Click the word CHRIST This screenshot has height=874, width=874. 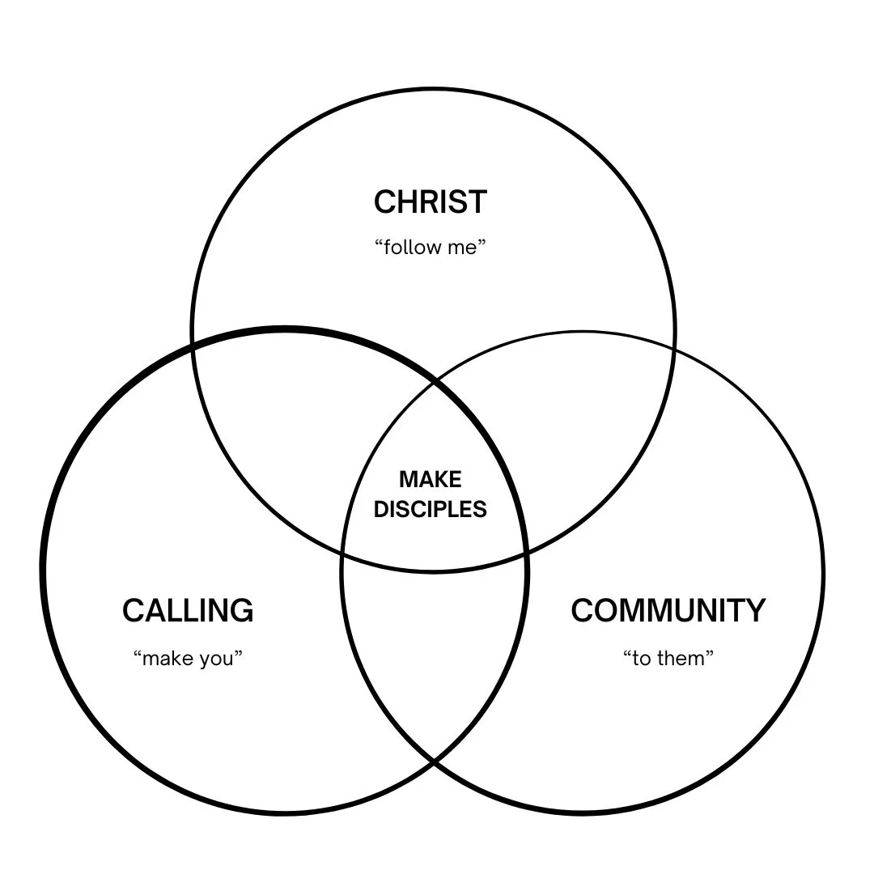coord(431,202)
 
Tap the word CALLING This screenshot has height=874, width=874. coord(188,610)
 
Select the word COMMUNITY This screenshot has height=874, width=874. coord(668,610)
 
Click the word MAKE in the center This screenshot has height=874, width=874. coord(431,480)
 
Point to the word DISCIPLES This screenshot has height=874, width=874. coord(431,509)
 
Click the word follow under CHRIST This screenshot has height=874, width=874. coord(411,247)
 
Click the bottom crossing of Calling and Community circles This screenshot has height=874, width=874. coord(434,762)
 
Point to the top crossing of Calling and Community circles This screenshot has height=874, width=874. coord(435,380)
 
